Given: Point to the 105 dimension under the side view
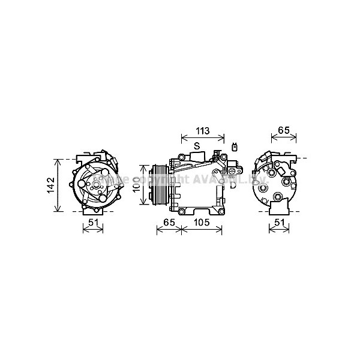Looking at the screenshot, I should tap(202, 223).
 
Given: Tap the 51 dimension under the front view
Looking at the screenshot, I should tap(92, 223).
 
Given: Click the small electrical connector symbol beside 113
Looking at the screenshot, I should tap(235, 146).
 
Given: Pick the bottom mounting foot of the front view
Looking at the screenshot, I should tap(93, 209).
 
